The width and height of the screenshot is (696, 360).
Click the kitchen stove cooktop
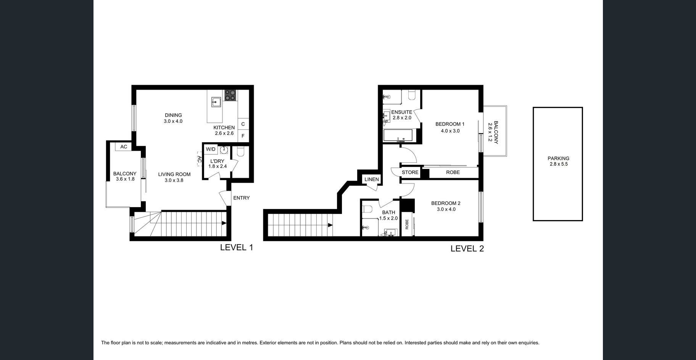(230, 95)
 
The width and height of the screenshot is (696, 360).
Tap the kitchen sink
(216, 102)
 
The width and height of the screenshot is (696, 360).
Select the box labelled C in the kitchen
(243, 124)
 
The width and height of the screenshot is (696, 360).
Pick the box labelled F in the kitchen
(243, 136)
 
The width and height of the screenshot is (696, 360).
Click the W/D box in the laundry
(211, 149)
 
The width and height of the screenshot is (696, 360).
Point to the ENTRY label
(242, 198)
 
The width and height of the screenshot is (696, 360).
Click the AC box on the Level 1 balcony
(124, 146)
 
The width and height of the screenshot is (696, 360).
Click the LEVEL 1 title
(237, 247)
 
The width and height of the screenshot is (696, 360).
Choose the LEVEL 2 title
(467, 249)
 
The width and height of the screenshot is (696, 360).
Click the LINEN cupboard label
(372, 179)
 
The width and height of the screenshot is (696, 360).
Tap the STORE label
(410, 172)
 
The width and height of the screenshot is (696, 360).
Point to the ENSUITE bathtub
(398, 135)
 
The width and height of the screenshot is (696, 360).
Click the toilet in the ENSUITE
(412, 95)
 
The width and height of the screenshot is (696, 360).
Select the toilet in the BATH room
(367, 209)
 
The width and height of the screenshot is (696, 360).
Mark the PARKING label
(558, 158)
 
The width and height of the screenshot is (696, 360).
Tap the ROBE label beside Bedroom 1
(453, 172)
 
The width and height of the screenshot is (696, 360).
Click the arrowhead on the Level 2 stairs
(330, 225)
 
